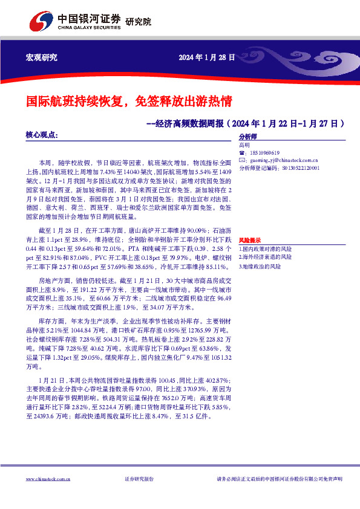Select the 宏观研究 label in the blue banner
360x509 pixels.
tap(41, 57)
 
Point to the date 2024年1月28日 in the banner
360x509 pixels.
tap(206, 57)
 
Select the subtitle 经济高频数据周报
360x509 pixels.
tap(191, 123)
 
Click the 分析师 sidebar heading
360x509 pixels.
tap(248, 137)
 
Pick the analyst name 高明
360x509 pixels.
tap(244, 145)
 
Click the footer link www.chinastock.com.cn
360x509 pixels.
tap(48, 479)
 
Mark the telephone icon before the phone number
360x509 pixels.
tap(243, 153)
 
